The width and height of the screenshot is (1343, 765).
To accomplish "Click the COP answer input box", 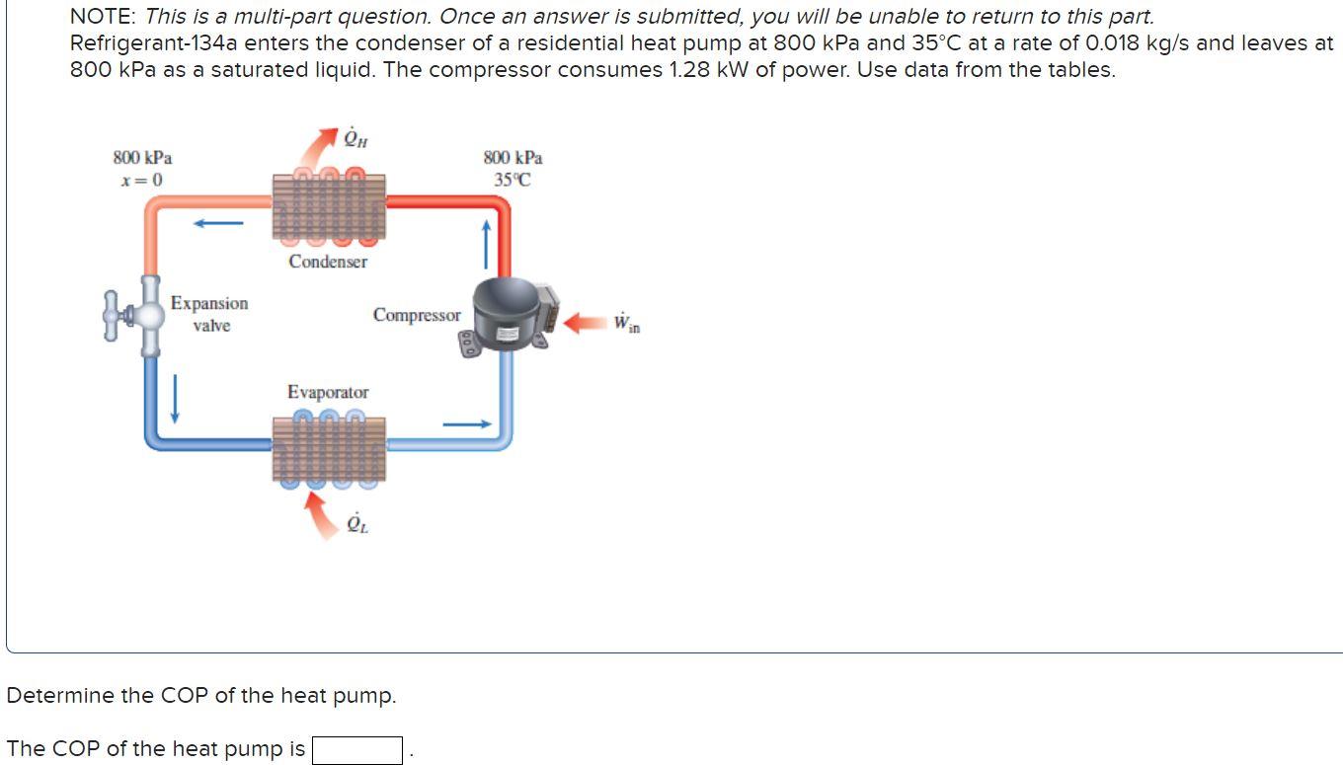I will tap(356, 750).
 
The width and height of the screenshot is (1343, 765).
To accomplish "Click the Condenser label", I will tap(328, 262).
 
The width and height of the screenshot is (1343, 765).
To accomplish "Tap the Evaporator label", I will tap(328, 392).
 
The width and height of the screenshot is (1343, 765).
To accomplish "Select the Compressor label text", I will tap(417, 315).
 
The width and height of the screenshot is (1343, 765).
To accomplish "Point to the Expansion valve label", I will tap(209, 314).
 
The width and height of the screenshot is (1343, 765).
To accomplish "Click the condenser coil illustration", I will tap(329, 208).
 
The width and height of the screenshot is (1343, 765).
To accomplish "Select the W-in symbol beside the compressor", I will tap(626, 323).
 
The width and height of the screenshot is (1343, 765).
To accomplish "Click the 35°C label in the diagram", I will tap(513, 180).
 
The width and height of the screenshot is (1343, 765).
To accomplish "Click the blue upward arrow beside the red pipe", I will tap(487, 243).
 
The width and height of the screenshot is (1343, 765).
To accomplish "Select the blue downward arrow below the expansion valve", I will tap(175, 398).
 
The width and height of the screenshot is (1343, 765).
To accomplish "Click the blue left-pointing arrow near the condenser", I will tap(218, 223).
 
